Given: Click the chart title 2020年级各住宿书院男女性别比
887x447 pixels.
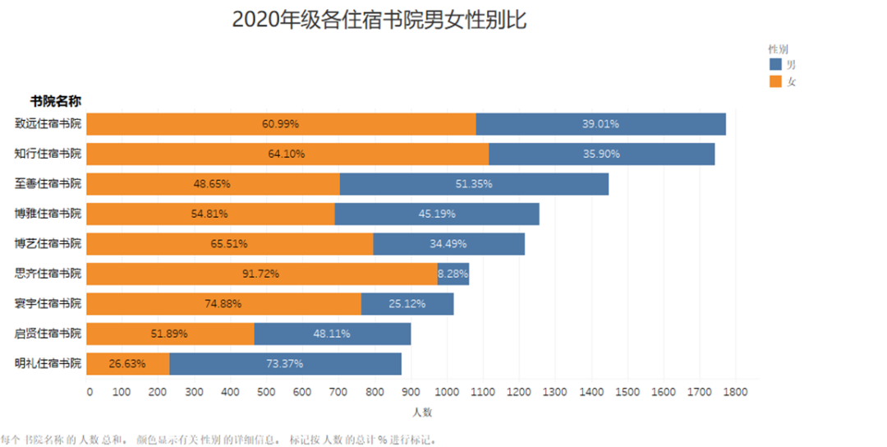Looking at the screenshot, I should coord(379,20).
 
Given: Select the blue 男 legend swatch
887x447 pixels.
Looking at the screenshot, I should coord(775,64).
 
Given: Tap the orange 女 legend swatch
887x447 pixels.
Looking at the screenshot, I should coord(775,81).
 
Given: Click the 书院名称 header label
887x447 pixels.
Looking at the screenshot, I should coord(55,101).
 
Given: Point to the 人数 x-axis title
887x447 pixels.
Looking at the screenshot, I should coord(422,411).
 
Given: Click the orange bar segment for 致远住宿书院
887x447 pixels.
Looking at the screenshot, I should coord(281,124).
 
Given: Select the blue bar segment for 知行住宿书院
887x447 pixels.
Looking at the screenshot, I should coord(601,154).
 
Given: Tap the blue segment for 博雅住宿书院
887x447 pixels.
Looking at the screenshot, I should coord(437,214).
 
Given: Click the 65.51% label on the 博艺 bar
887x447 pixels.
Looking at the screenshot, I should coord(229,244).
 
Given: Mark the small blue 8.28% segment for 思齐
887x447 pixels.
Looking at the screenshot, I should coord(453,274).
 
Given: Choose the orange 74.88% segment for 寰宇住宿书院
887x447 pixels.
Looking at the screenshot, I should coord(223,303).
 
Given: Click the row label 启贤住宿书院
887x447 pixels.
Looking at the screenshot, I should coord(48,334).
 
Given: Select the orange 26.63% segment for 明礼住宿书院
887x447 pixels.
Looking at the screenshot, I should coord(127,363).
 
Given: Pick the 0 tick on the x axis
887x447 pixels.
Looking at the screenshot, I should coord(90,392).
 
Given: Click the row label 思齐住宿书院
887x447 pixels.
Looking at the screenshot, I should coord(48,274).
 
